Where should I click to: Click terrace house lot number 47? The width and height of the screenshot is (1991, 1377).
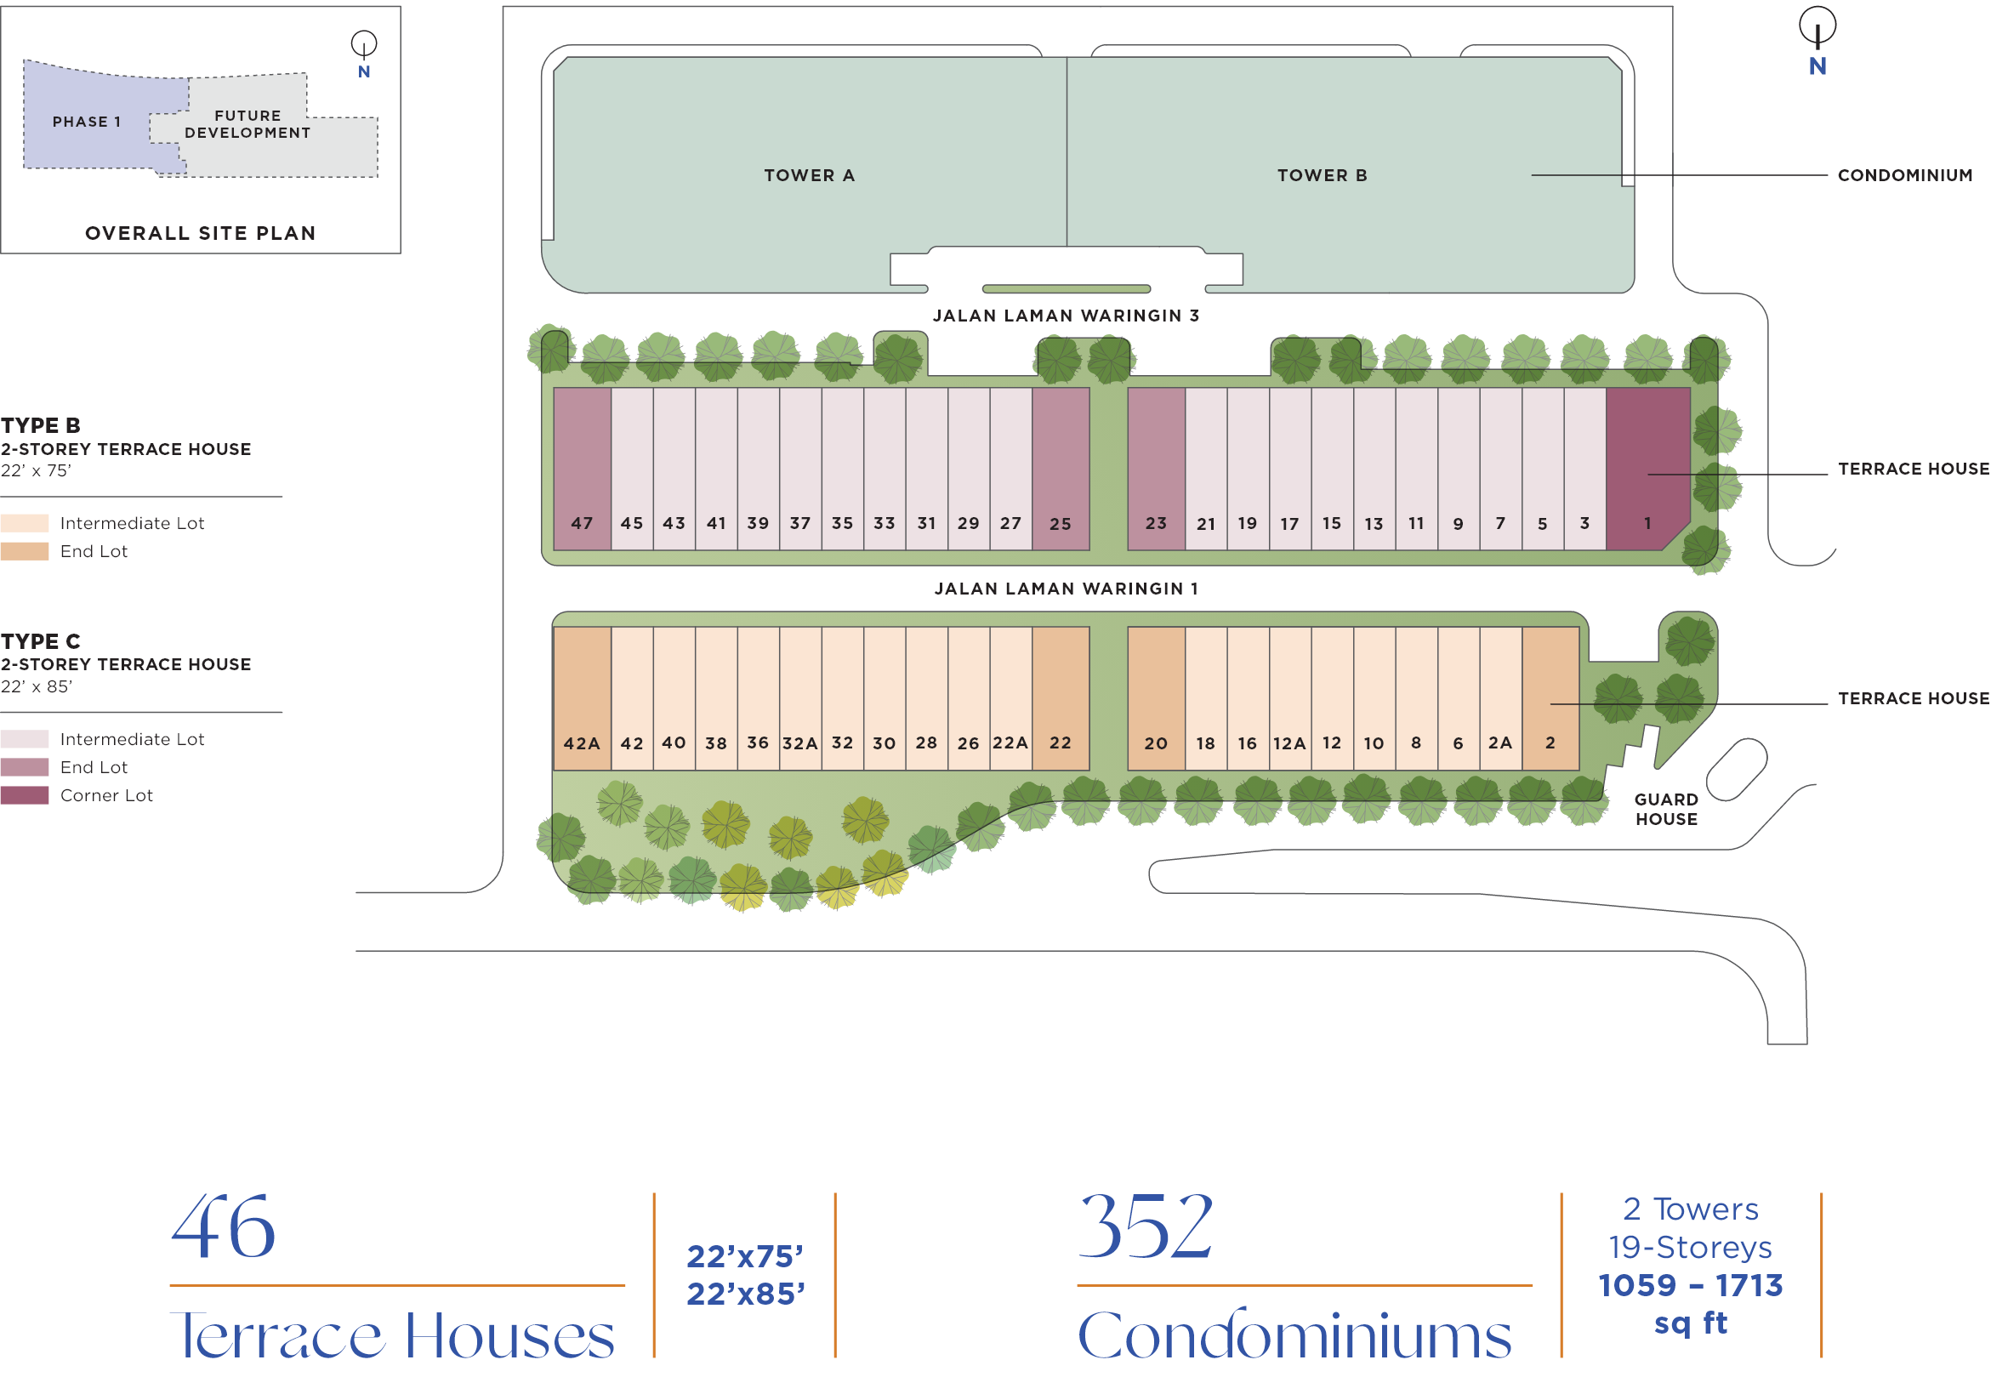[x=583, y=469]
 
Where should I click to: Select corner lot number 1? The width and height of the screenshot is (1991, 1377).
[x=1647, y=469]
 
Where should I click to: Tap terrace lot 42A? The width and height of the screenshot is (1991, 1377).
[x=583, y=698]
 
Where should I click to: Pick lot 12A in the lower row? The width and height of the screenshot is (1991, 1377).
[x=1289, y=698]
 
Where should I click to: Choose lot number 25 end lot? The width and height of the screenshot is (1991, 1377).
[x=1061, y=469]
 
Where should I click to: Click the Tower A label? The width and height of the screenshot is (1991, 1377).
[x=809, y=175]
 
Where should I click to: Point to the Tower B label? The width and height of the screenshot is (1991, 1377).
[x=1323, y=175]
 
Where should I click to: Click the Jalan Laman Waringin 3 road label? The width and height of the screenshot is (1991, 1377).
[x=1067, y=316]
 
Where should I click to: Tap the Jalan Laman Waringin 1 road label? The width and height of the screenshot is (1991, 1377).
[x=1067, y=589]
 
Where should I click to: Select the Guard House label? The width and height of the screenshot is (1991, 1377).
[x=1667, y=810]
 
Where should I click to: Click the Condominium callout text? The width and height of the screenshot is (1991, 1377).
[x=1905, y=175]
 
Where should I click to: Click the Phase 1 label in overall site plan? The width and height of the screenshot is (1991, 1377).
[x=86, y=122]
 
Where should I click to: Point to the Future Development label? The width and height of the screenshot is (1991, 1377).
[x=247, y=124]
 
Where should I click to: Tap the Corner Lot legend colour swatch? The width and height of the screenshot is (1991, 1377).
[x=24, y=795]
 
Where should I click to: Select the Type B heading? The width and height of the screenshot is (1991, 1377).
[x=41, y=425]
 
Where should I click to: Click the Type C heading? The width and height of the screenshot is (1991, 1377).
[x=41, y=641]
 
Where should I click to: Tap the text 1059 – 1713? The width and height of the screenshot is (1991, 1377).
[x=1691, y=1285]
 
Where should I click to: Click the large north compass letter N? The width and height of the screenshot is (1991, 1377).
[x=1817, y=66]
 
